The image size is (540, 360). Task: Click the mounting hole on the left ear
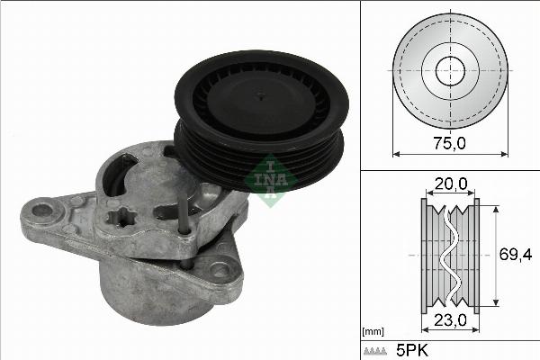41,211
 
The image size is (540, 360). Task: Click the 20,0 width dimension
449,184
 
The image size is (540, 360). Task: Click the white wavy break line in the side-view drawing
449,256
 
